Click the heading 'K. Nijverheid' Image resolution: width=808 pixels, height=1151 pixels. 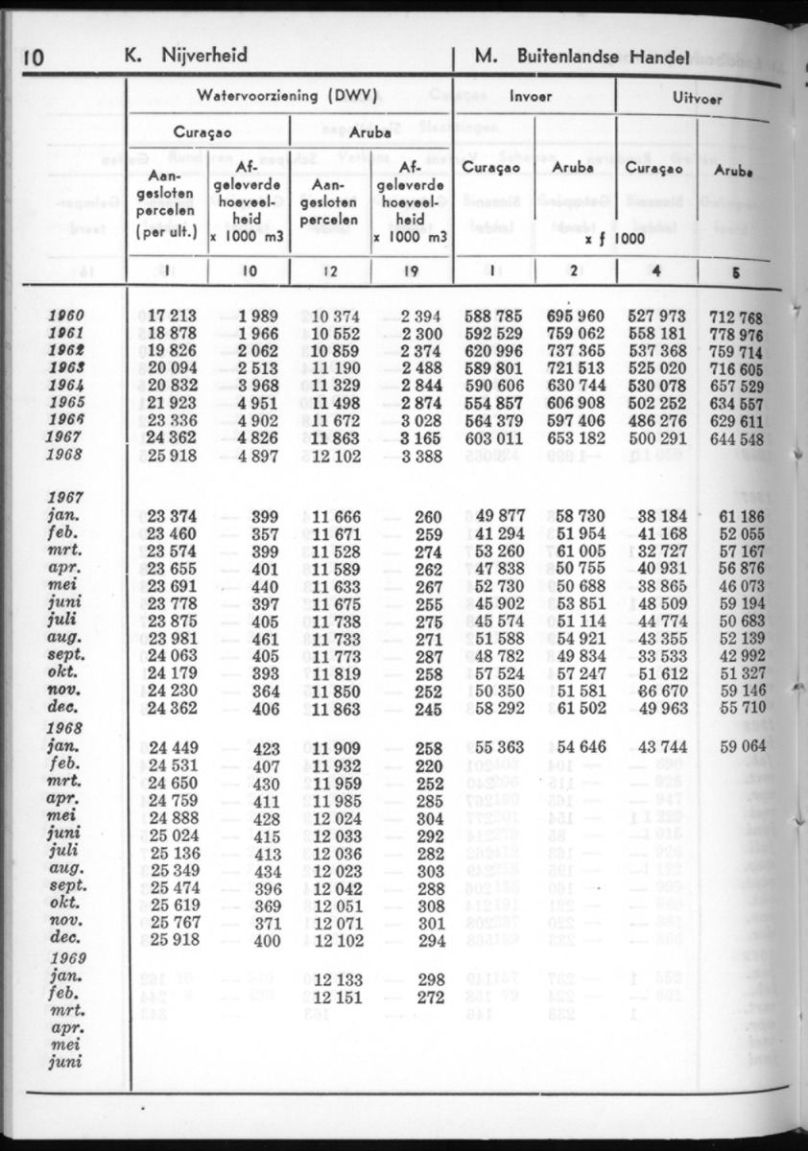point(186,56)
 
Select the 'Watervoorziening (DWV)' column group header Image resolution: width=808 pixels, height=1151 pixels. point(285,96)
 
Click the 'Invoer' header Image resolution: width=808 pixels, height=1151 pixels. point(531,97)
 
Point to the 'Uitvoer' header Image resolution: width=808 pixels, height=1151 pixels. point(698,98)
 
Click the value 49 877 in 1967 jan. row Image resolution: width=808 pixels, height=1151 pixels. point(499,519)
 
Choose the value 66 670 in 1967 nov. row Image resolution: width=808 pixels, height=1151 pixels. point(656,691)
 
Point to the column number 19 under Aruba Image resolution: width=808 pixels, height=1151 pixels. point(410,271)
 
